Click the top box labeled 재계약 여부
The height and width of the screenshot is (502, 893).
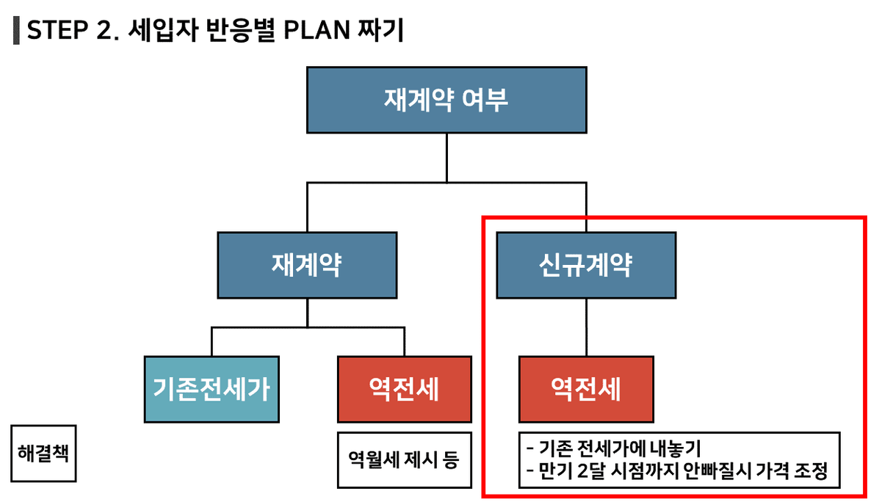point(446,100)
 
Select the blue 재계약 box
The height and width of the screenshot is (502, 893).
point(307,265)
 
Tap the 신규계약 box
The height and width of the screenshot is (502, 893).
point(586,265)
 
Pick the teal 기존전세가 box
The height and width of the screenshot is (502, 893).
point(211,389)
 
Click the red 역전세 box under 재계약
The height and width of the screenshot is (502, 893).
point(405,389)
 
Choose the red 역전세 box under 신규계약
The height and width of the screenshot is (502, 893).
point(586,389)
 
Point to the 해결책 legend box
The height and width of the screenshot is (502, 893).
point(43,454)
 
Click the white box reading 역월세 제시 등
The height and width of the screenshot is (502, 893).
point(405,460)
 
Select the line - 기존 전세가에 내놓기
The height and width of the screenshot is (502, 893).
point(613,448)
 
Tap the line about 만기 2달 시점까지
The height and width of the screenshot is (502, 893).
point(677,471)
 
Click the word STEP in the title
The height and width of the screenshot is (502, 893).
point(57,30)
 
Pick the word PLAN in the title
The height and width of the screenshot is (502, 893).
point(317,30)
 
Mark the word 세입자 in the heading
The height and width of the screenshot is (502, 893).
point(164,30)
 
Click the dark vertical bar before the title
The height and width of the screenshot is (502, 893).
point(16,30)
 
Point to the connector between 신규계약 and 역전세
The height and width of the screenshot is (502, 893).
point(586,327)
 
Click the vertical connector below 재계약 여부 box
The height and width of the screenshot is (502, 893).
point(446,159)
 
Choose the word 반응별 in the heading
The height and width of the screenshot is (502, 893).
point(241,30)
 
